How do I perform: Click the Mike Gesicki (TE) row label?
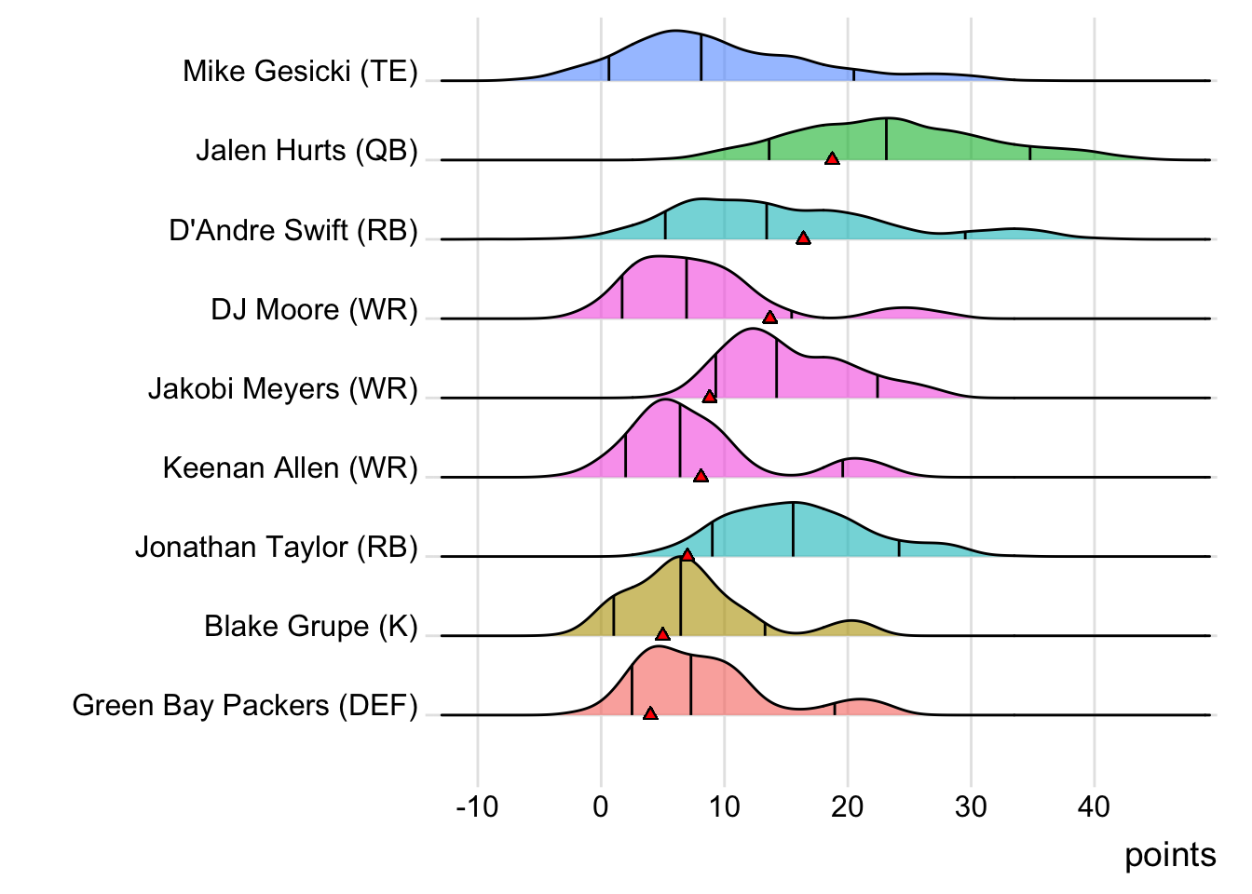point(300,71)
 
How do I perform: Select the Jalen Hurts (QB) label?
point(306,150)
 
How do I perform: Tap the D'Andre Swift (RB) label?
point(293,230)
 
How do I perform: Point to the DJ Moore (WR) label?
point(314,309)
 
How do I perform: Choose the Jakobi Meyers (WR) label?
point(282,388)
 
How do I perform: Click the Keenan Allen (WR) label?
point(290,467)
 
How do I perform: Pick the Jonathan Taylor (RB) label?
point(276,547)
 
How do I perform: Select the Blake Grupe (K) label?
point(310,626)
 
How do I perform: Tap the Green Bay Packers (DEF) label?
point(245,705)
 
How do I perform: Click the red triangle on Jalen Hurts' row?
point(832,158)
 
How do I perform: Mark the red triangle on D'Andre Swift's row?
point(803,238)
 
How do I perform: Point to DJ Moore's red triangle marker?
point(769,318)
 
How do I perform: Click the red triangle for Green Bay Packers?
point(650,713)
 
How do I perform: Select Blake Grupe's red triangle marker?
point(662,634)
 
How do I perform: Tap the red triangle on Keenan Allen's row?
point(701,476)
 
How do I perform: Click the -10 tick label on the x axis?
point(477,806)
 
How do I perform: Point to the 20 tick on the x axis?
point(847,806)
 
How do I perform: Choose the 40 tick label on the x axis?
point(1094,806)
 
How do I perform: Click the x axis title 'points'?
point(1169,855)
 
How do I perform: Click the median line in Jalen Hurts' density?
point(886,139)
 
